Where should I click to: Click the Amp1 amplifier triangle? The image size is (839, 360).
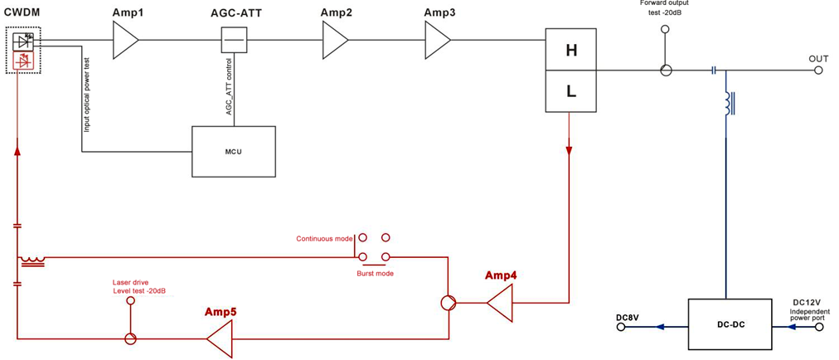124,41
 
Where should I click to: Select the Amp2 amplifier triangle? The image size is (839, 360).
335,41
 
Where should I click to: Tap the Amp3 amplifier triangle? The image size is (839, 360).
438,41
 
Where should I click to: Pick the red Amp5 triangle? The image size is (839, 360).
220,338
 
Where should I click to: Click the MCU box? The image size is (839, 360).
234,152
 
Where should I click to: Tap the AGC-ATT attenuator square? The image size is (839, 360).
234,40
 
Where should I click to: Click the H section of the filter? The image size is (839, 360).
570,50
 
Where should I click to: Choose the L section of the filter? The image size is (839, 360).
570,91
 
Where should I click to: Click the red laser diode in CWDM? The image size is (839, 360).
24,61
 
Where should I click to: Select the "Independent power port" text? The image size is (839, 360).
807,313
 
